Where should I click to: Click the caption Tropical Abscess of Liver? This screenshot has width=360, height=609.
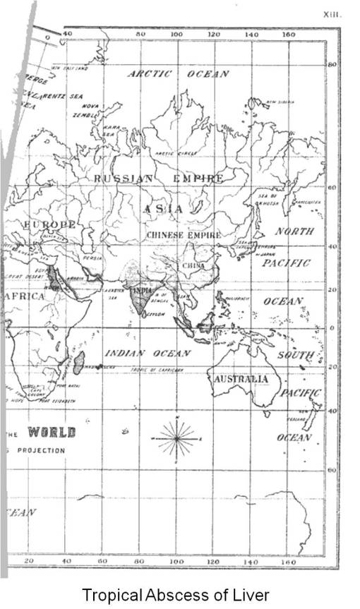pos(175,595)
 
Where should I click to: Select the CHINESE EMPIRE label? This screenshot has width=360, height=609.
pos(184,234)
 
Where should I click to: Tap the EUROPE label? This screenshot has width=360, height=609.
pos(49,224)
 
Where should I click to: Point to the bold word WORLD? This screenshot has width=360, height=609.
pos(51,432)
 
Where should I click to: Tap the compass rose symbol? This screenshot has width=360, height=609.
pos(176,438)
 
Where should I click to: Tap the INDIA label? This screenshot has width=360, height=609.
pos(142,289)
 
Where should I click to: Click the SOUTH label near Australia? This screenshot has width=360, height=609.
pos(294,355)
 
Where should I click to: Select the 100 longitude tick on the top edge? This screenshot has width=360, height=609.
pos(176,33)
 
